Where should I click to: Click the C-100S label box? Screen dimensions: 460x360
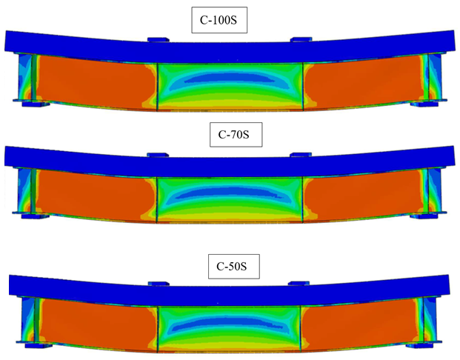tap(219, 20)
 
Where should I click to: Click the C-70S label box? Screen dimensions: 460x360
tap(236, 135)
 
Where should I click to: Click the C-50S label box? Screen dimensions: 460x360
tap(234, 267)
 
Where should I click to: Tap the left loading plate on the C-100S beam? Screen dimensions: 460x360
tap(159, 39)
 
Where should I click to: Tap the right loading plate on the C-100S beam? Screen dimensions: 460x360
tap(301, 39)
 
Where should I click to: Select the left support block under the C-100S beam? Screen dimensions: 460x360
tap(36, 104)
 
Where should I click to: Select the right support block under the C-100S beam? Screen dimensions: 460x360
tap(424, 104)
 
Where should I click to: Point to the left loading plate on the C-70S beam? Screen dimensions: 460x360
tap(158, 155)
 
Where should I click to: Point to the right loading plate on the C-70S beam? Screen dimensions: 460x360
tap(301, 155)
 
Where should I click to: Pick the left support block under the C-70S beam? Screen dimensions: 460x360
tap(36, 216)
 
